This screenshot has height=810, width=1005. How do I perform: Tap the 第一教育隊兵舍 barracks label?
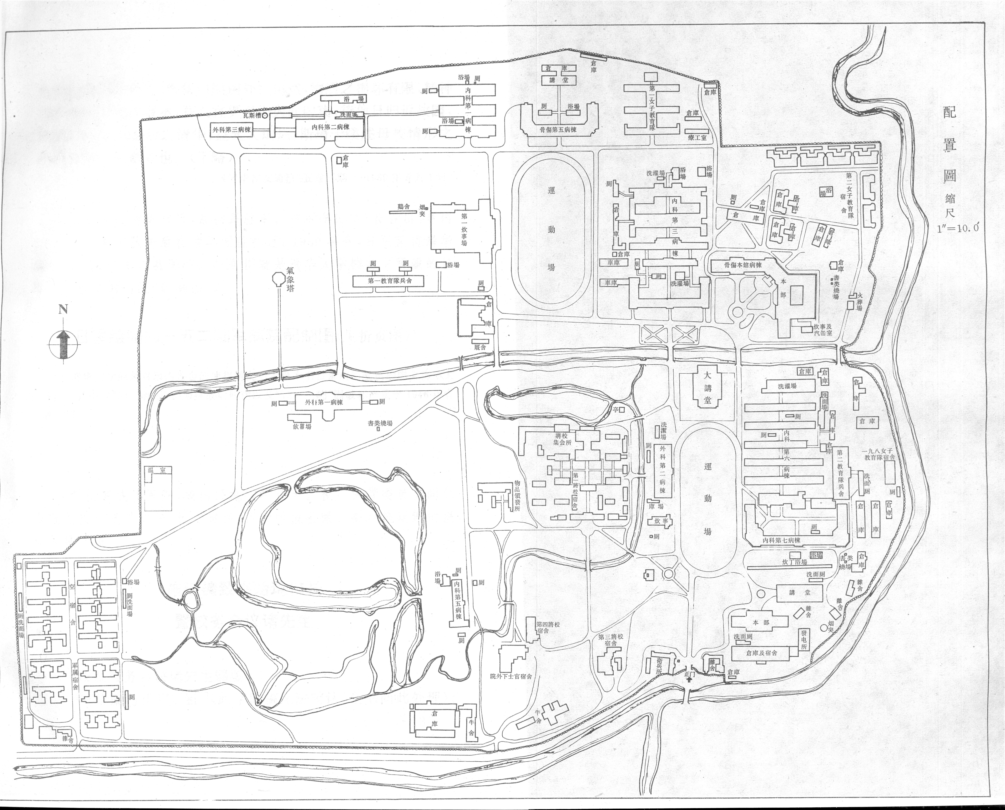(x=390, y=281)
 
